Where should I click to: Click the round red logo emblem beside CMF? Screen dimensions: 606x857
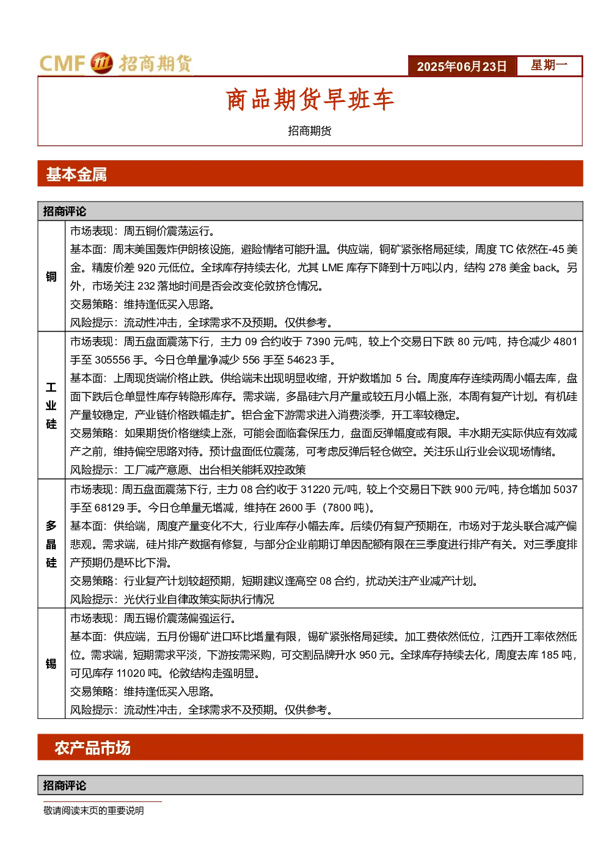point(101,63)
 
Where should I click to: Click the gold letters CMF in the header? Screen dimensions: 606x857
point(62,64)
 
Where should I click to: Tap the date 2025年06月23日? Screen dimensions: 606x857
point(461,67)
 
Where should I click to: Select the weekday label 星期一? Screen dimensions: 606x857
point(549,65)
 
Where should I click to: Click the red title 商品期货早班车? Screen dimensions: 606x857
point(310,100)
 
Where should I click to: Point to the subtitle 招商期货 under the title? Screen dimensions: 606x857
point(310,131)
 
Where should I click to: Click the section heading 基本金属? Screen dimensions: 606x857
point(76,175)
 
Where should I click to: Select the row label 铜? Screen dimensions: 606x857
point(51,276)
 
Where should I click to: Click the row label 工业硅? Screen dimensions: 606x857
point(51,406)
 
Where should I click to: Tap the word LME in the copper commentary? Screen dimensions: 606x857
point(332,268)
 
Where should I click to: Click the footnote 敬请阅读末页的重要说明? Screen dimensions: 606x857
point(93,811)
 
